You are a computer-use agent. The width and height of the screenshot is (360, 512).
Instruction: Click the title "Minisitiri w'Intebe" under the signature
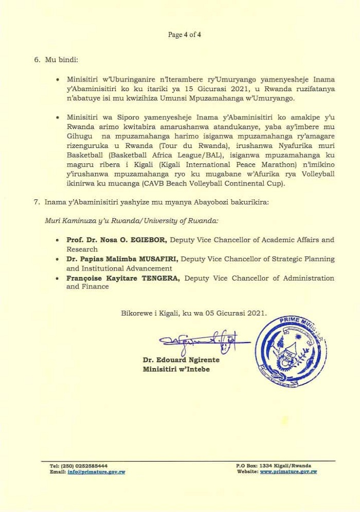176,369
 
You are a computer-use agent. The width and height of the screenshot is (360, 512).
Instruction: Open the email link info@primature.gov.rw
96,471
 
